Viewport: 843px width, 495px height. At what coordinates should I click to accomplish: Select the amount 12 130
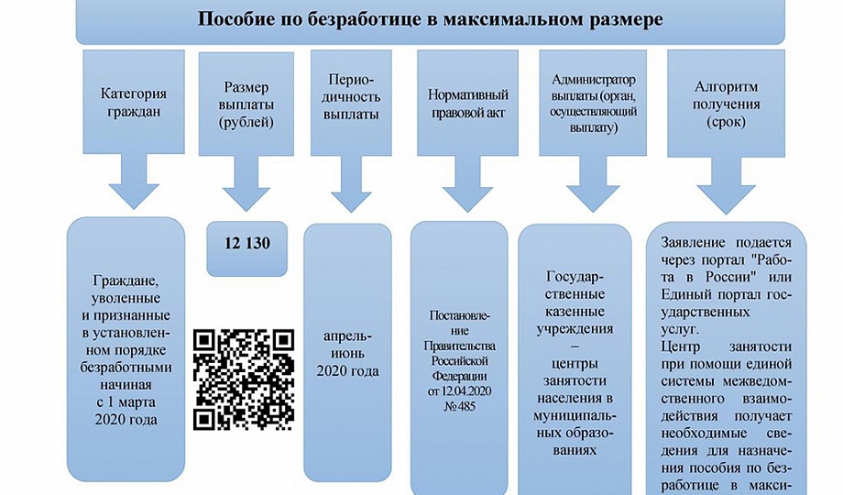(x=246, y=245)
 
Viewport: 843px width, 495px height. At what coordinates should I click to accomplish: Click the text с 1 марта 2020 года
(x=126, y=411)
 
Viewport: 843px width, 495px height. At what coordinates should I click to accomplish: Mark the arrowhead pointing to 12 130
(x=246, y=193)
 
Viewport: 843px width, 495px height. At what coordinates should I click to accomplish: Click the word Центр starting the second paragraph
(x=684, y=347)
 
